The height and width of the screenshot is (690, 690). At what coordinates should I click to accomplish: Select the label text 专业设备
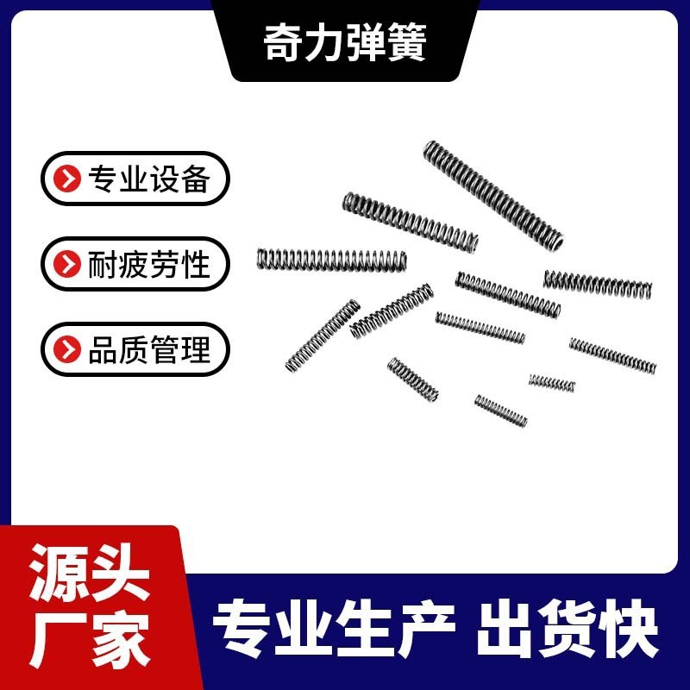pyautogui.click(x=148, y=179)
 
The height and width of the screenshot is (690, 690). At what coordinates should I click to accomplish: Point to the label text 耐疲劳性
pyautogui.click(x=148, y=264)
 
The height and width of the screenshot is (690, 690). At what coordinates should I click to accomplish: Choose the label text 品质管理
pyautogui.click(x=148, y=349)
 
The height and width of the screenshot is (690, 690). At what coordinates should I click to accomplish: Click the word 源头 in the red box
pyautogui.click(x=91, y=577)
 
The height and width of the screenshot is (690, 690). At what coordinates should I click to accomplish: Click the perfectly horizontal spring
pyautogui.click(x=331, y=258)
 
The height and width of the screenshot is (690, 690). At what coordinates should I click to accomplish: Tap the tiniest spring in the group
pyautogui.click(x=552, y=382)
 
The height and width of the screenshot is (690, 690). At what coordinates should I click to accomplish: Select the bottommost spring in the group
pyautogui.click(x=500, y=411)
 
